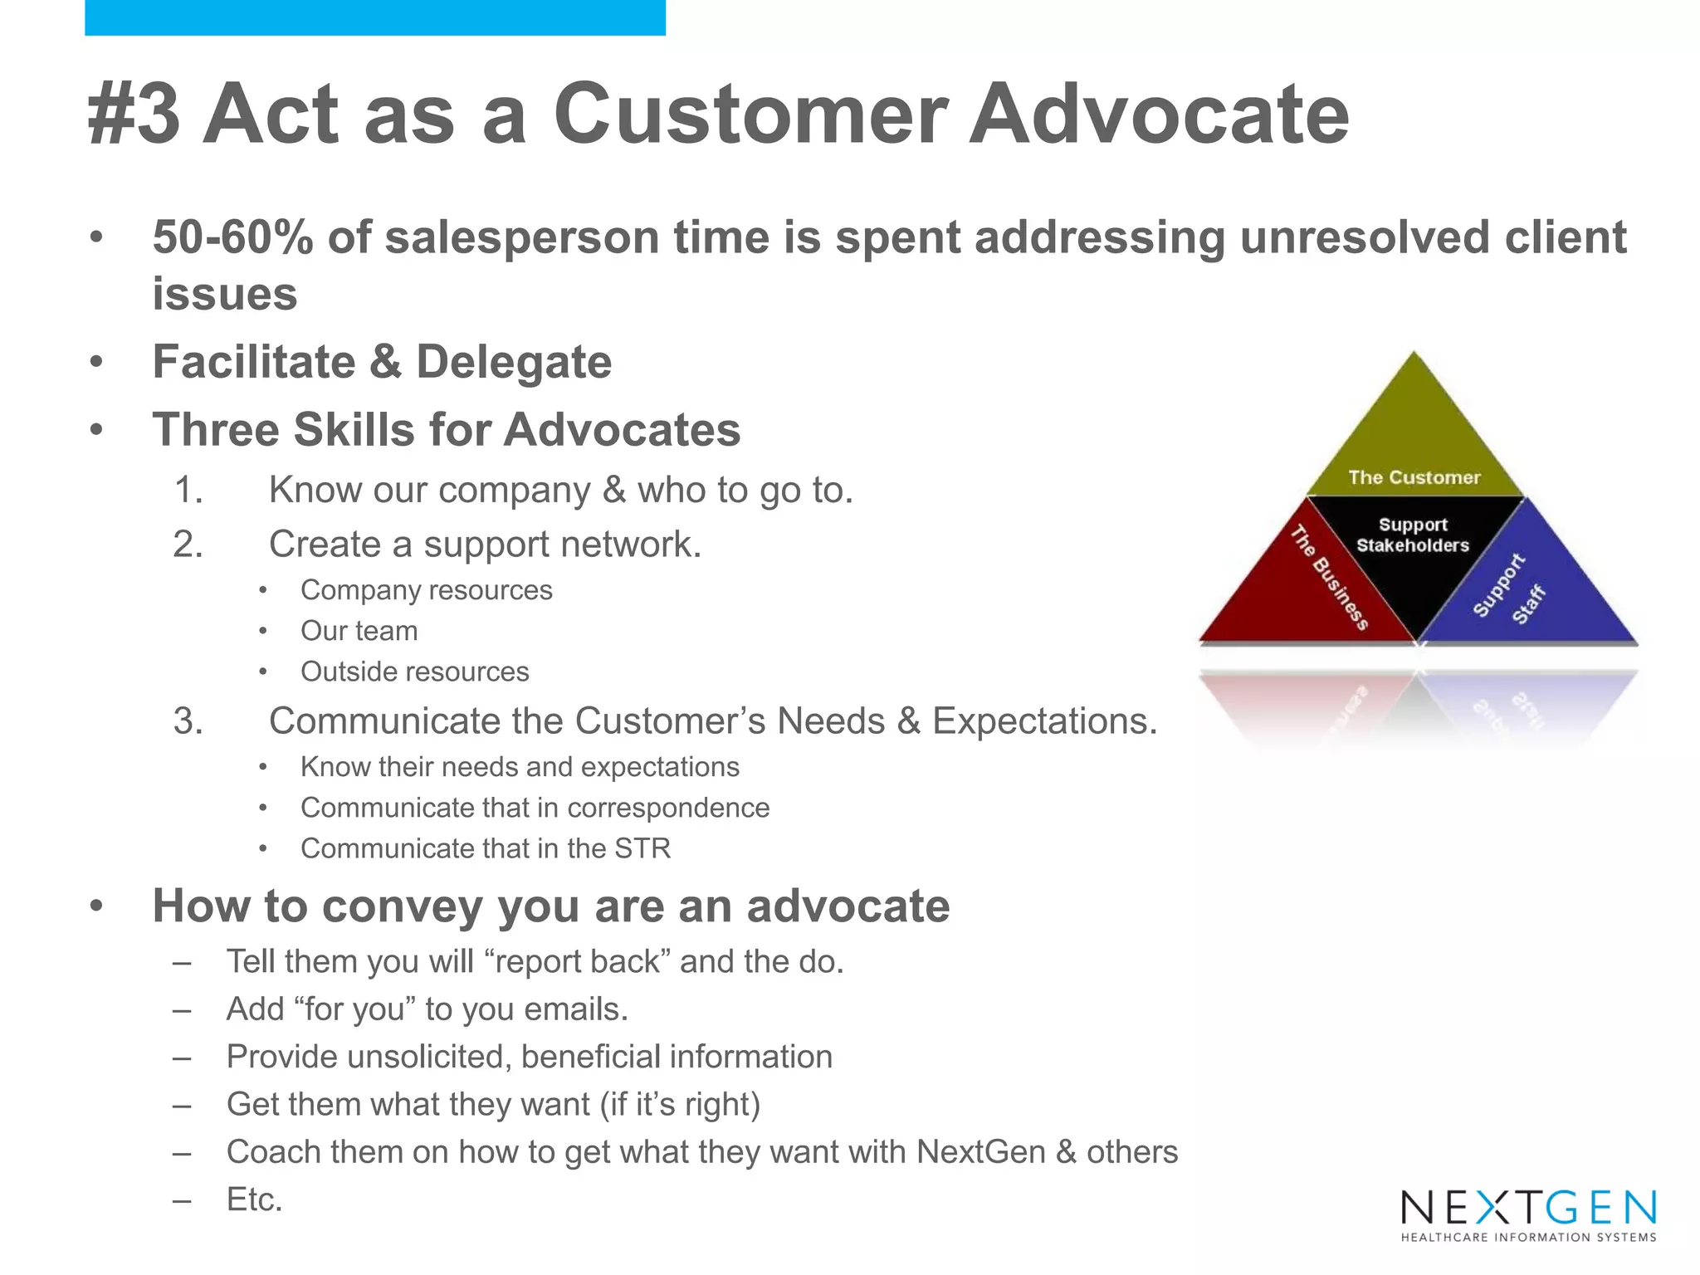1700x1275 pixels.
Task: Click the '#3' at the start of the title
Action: coord(134,114)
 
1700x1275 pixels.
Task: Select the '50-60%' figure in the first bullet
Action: coord(233,237)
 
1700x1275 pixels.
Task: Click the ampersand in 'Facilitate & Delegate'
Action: coord(385,362)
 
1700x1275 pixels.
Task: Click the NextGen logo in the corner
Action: coord(1528,1214)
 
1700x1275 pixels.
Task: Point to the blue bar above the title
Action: coord(374,17)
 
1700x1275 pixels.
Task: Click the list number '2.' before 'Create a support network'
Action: coord(188,545)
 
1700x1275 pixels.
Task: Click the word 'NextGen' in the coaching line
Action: coord(980,1152)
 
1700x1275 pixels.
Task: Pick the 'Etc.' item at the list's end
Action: coord(255,1199)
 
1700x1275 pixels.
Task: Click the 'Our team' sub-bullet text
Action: coord(359,631)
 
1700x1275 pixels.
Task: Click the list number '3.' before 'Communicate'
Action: coord(188,721)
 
